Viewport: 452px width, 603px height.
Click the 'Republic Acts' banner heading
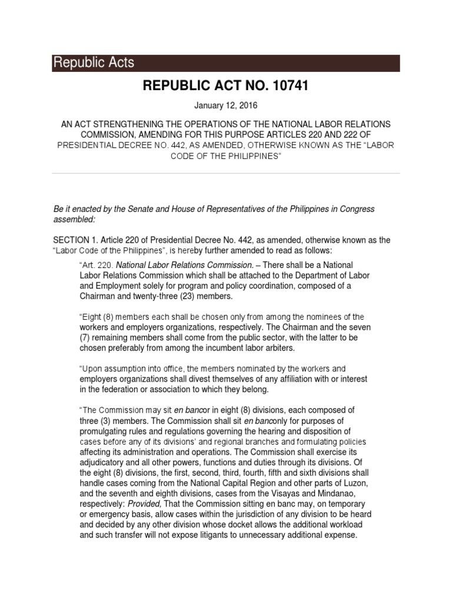pos(94,62)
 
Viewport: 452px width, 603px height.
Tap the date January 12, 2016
pos(226,107)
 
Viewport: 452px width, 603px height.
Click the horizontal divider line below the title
pos(226,174)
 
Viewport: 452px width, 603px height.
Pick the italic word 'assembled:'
pos(74,219)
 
